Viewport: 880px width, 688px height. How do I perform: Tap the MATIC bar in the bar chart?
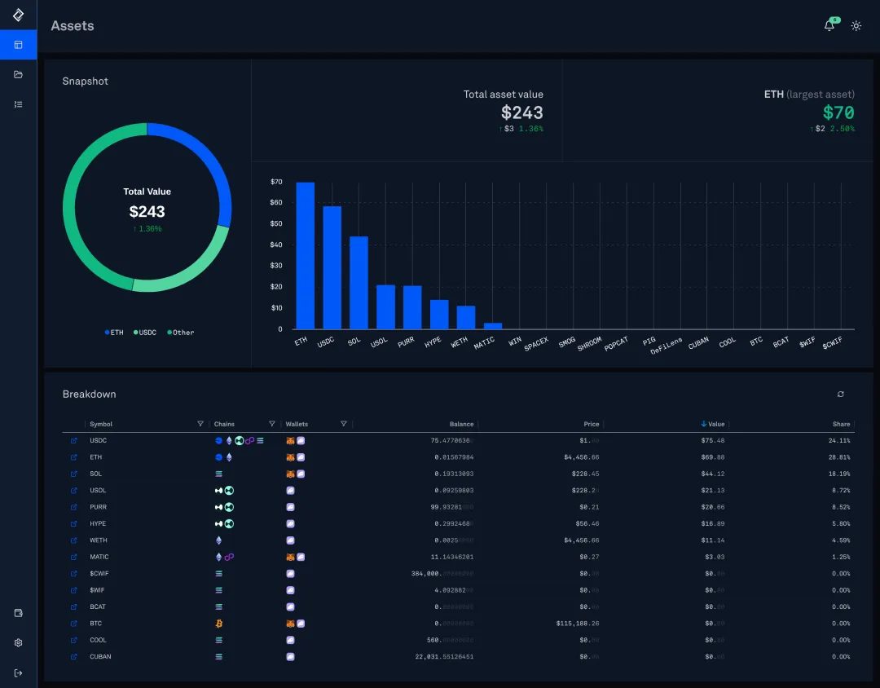click(492, 325)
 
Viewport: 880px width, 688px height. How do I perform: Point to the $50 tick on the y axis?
click(276, 223)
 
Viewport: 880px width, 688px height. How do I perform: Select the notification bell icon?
click(829, 25)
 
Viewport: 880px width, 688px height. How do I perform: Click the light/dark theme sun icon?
click(856, 26)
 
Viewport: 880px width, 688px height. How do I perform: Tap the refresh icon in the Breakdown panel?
click(840, 395)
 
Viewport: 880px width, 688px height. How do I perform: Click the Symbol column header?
click(102, 424)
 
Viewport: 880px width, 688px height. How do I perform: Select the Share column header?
click(841, 424)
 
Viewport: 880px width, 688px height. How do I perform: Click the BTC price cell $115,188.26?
click(577, 624)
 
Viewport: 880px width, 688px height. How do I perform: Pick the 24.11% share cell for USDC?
click(840, 440)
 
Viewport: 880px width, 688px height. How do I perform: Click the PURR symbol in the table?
click(98, 507)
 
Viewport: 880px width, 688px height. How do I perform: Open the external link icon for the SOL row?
click(74, 474)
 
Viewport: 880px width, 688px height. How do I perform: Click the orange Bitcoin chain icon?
click(218, 624)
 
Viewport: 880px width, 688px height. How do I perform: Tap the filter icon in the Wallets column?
click(343, 424)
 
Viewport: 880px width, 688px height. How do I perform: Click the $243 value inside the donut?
click(147, 212)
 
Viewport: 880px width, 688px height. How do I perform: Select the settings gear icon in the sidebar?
click(18, 642)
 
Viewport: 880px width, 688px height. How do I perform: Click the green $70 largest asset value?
click(838, 112)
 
